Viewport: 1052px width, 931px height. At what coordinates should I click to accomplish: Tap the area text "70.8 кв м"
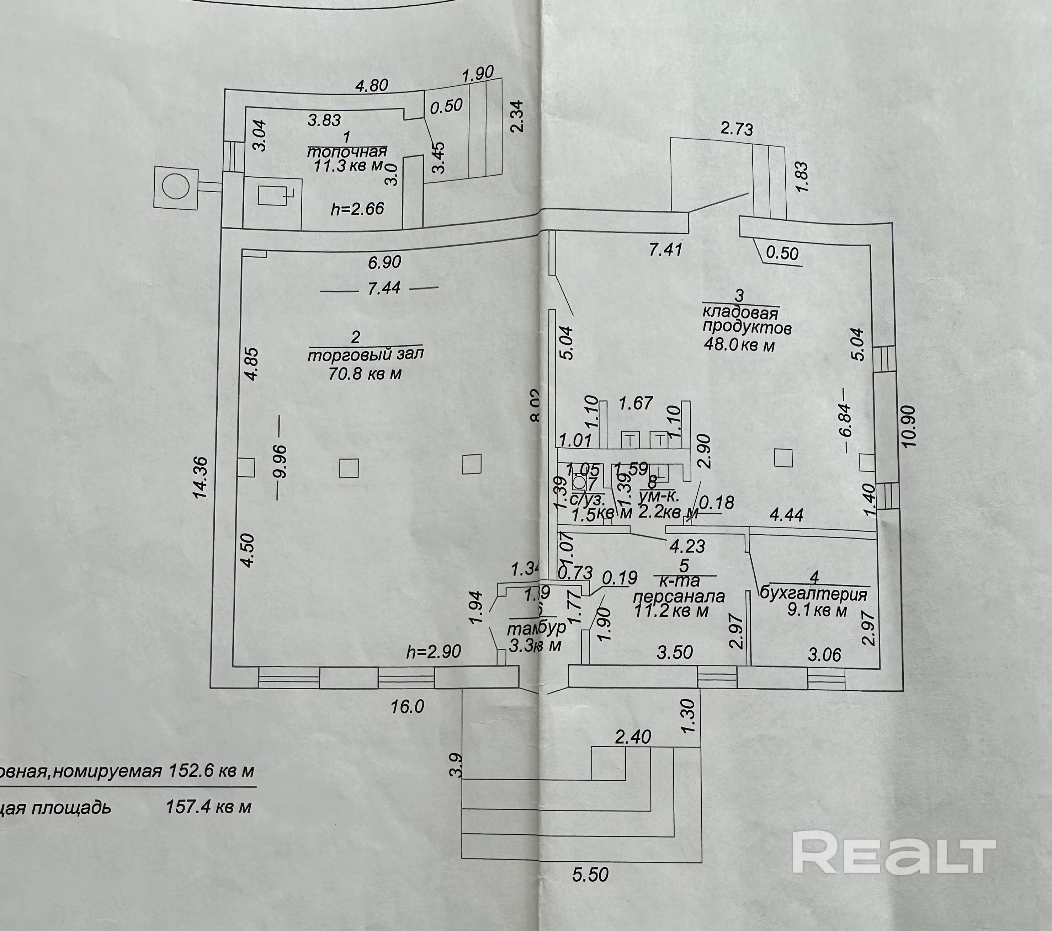point(365,373)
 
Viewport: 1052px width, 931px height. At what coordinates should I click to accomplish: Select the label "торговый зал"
point(365,355)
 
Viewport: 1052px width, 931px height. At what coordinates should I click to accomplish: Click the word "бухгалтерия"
point(814,595)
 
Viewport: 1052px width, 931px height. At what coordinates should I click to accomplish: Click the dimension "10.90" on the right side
point(909,426)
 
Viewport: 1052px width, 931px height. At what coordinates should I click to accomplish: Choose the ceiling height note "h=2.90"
point(434,652)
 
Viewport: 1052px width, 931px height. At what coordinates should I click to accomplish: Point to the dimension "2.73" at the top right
point(737,129)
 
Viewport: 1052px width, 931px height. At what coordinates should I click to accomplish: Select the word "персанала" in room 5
point(679,596)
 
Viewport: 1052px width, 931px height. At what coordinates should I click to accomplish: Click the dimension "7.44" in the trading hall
point(384,288)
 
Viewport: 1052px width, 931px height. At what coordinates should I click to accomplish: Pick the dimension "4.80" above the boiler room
point(372,85)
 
